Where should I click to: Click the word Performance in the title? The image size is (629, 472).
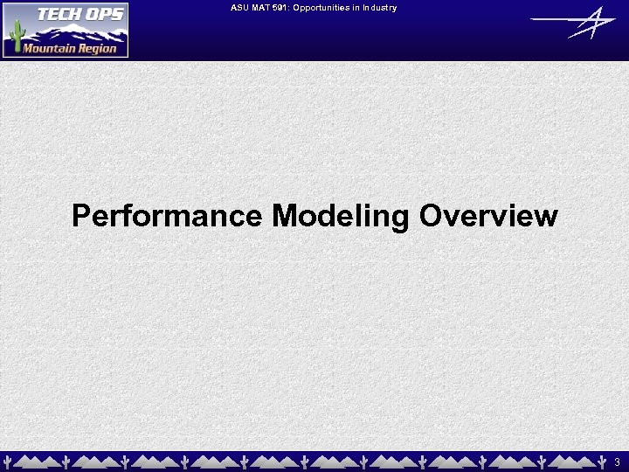coord(166,215)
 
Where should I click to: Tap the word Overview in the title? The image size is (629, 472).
coord(487,215)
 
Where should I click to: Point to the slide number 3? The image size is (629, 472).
coord(617,461)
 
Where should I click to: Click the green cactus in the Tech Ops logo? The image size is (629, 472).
coord(15,38)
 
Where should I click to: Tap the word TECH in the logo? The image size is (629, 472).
coord(49,14)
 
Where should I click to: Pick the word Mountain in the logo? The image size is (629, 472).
coord(50,48)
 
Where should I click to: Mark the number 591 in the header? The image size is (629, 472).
coord(283,8)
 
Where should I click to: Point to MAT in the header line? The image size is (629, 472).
coord(263,8)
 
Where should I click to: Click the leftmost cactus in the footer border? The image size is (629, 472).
coord(8,461)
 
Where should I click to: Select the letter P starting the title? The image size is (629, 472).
coord(81,215)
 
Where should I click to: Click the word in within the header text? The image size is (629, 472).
coord(356,8)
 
